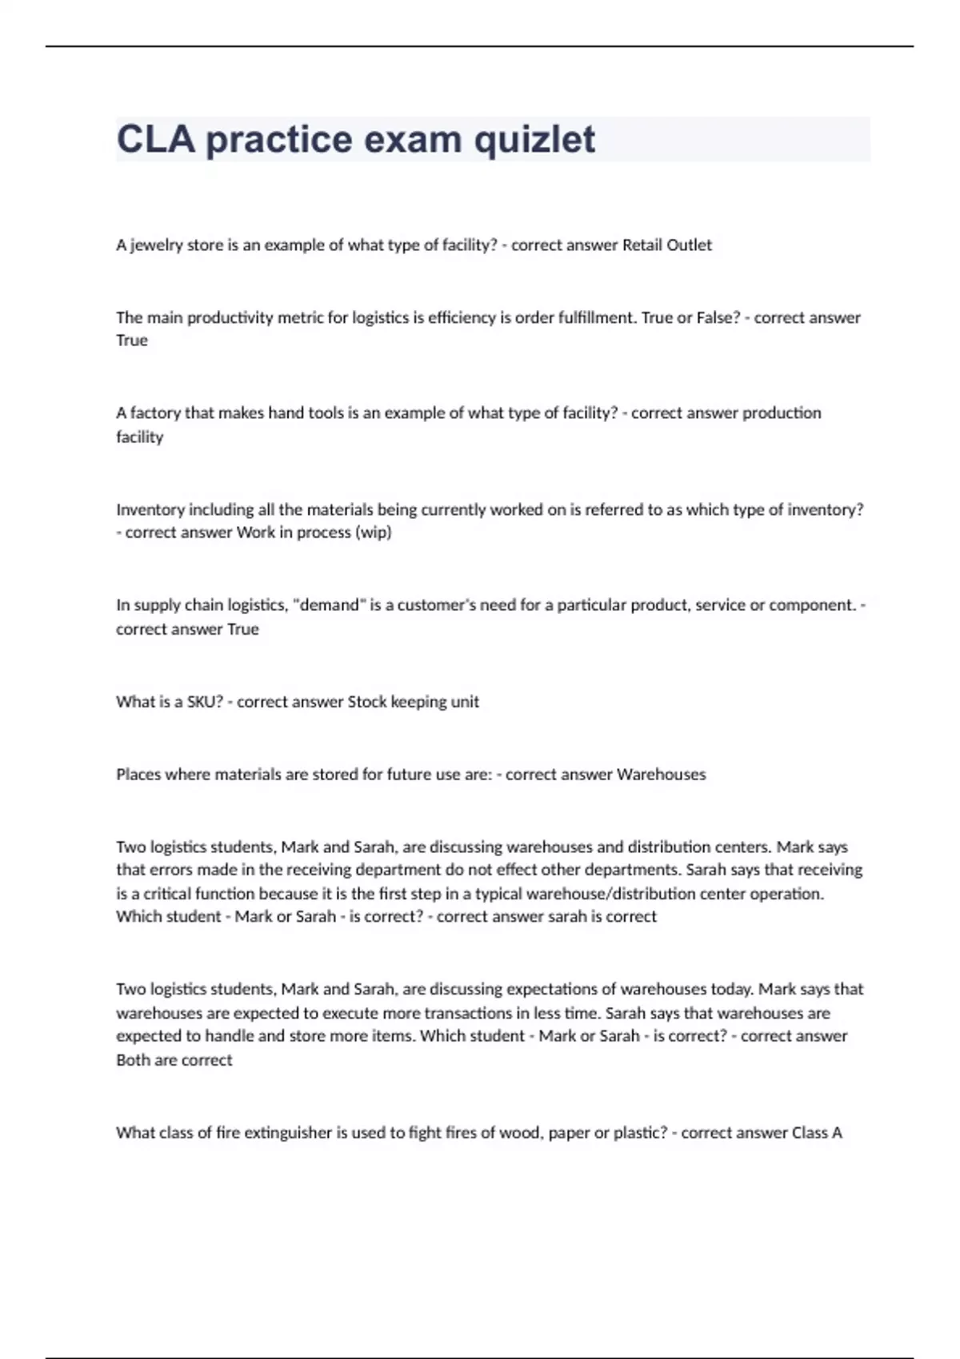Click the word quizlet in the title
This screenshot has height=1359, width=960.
pyautogui.click(x=534, y=140)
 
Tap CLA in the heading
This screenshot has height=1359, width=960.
pyautogui.click(x=155, y=139)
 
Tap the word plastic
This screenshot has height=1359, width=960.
pyautogui.click(x=638, y=1133)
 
